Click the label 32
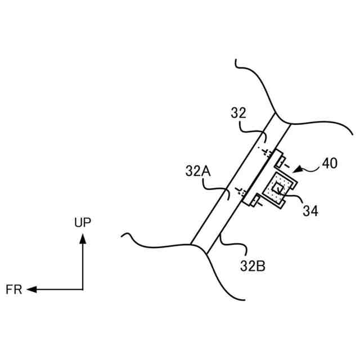coord(239,114)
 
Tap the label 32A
coord(197,169)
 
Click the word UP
coord(83,222)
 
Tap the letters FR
coord(13,290)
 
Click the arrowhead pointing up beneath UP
coord(83,239)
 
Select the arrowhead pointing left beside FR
coord(31,289)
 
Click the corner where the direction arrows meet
coord(83,289)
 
